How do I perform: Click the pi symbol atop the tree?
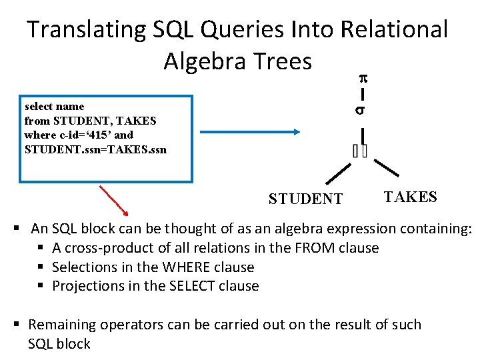363,78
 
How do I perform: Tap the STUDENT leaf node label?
305,199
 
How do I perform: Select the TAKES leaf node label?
410,197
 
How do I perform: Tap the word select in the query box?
38,107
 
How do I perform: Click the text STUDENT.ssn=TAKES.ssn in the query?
95,149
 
